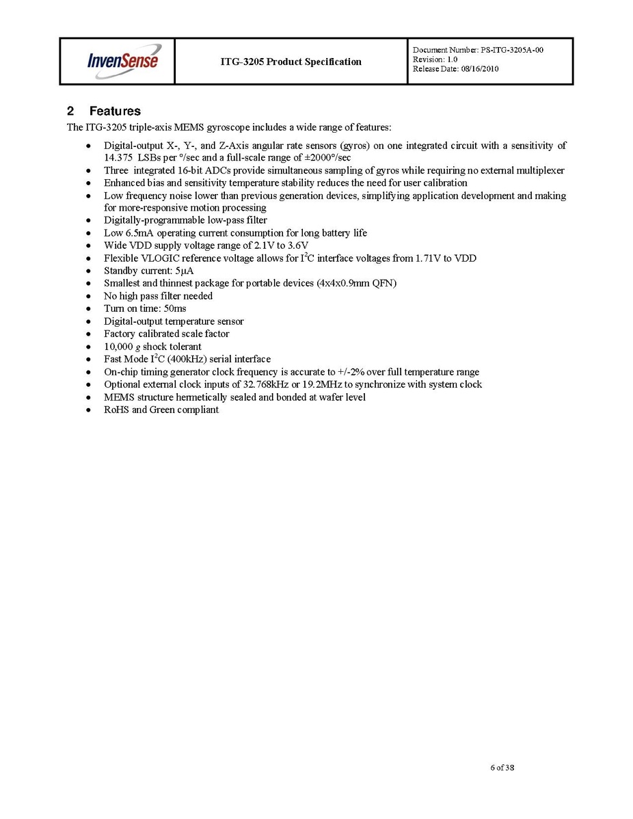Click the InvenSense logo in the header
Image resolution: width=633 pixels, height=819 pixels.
pos(123,60)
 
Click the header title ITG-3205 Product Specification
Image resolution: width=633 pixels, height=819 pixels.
pos(291,62)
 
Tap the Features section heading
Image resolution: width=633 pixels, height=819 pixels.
pos(114,111)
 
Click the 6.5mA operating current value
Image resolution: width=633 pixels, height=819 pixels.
pos(141,232)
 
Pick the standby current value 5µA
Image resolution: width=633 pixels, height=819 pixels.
pos(184,271)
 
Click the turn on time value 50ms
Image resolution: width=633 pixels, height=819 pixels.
pos(176,308)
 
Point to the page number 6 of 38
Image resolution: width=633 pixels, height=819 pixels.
pos(502,768)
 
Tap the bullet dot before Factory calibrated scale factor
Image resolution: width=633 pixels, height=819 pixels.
pos(89,334)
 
